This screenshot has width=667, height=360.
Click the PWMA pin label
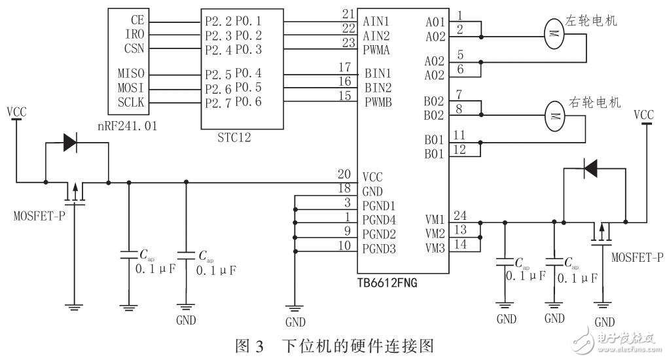tap(378, 48)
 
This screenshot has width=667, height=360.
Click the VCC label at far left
tap(17, 112)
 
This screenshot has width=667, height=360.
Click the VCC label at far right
tap(644, 115)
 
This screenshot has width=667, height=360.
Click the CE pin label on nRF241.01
tap(137, 20)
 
